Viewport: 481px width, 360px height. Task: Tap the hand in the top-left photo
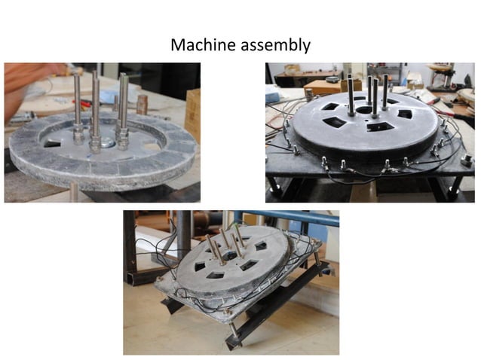tap(23, 79)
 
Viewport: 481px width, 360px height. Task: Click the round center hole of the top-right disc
tap(364, 110)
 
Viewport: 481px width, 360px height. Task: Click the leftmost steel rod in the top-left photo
tap(77, 102)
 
